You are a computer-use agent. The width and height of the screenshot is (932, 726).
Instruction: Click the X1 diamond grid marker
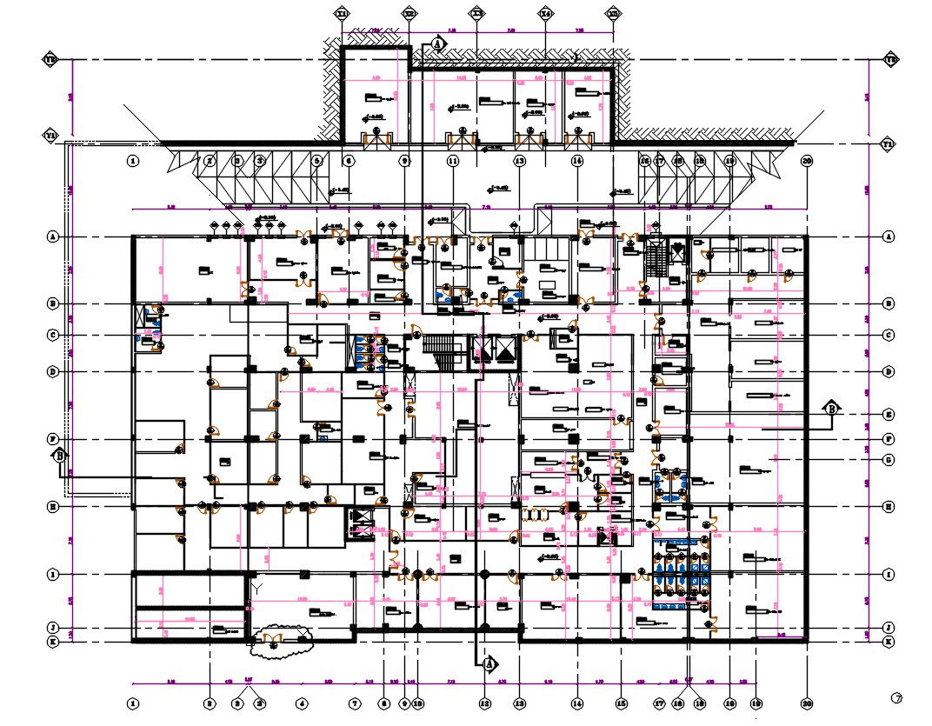pyautogui.click(x=343, y=14)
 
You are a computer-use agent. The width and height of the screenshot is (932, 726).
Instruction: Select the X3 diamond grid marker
pyautogui.click(x=477, y=14)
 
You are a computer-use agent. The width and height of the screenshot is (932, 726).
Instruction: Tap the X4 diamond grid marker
pyautogui.click(x=545, y=14)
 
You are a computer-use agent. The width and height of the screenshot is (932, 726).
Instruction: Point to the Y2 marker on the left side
pyautogui.click(x=50, y=60)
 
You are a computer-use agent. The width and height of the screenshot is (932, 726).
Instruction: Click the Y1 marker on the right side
pyautogui.click(x=889, y=143)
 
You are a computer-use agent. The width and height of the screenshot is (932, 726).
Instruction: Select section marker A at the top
pyautogui.click(x=438, y=43)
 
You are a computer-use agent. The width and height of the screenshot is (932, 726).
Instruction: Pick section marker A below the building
pyautogui.click(x=489, y=664)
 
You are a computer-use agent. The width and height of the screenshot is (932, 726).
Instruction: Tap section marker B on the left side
pyautogui.click(x=60, y=455)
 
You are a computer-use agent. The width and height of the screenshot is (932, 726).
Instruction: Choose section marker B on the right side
pyautogui.click(x=832, y=408)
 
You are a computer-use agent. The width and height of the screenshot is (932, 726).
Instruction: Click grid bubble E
pyautogui.click(x=889, y=415)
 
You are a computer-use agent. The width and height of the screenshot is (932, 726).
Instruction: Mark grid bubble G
pyautogui.click(x=889, y=459)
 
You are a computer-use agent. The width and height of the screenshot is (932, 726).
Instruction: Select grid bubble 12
pyautogui.click(x=485, y=703)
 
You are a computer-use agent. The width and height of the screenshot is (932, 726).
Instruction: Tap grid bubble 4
pyautogui.click(x=301, y=703)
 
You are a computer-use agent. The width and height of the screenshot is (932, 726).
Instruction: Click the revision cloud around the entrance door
pyautogui.click(x=280, y=642)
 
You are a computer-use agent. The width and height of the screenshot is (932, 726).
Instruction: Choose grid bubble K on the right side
pyautogui.click(x=889, y=642)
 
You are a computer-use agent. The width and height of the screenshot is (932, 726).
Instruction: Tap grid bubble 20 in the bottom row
pyautogui.click(x=807, y=703)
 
